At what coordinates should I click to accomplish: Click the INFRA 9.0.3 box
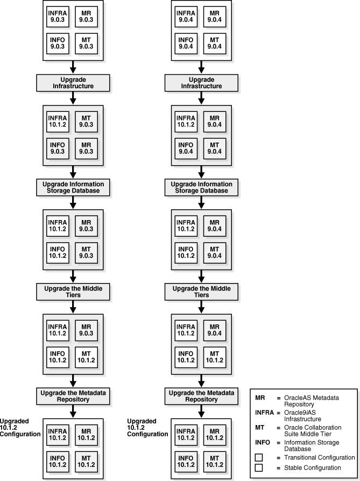(58, 17)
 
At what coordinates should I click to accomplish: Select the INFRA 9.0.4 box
(186, 17)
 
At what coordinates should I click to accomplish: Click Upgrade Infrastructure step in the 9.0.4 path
(200, 82)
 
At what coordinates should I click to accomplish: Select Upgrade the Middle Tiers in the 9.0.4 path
(200, 291)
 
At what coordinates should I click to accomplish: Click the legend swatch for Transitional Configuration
(259, 457)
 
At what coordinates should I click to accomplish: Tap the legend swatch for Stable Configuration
(259, 468)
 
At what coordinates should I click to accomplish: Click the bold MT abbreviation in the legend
(259, 428)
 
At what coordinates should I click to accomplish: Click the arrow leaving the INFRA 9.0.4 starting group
(200, 66)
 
